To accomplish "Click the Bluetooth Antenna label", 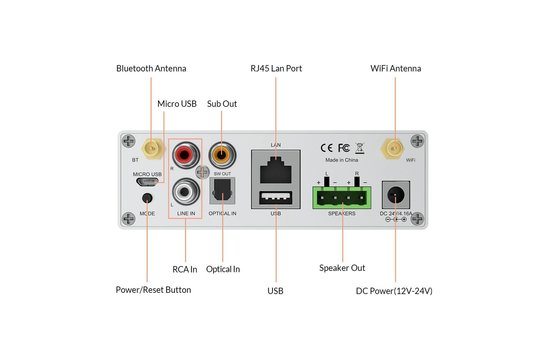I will click(x=151, y=68).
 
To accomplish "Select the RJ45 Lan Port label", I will click(x=276, y=68).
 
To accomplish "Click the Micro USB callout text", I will click(x=181, y=103).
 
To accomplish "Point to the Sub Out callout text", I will click(x=222, y=103).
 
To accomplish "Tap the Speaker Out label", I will click(x=342, y=268).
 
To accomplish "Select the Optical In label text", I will click(x=223, y=268).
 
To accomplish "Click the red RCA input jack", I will click(x=186, y=155).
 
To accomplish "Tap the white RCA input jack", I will click(x=186, y=188).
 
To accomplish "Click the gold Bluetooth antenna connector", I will click(x=149, y=151).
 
